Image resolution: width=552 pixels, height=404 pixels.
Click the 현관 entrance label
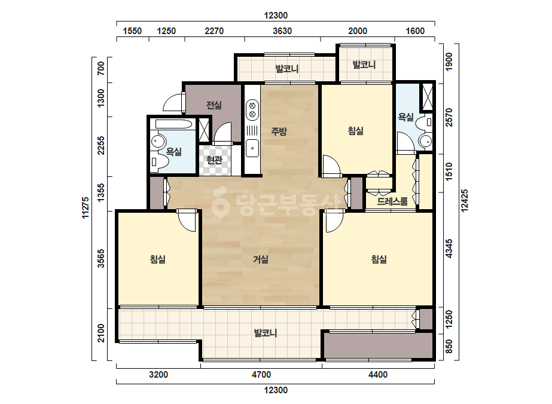click(x=214, y=160)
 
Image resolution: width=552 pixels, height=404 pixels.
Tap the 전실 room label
click(x=214, y=105)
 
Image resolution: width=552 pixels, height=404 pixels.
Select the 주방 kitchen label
click(x=279, y=131)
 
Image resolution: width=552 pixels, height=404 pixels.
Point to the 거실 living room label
click(x=261, y=259)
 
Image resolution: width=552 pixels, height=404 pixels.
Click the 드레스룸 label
click(x=392, y=201)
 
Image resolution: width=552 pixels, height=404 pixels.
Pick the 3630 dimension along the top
click(x=282, y=31)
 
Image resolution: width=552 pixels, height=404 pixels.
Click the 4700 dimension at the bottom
click(x=261, y=375)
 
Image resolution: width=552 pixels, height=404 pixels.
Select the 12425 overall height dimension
click(x=465, y=201)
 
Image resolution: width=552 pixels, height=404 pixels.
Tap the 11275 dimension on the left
click(x=86, y=207)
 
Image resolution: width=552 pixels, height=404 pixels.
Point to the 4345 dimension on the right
click(x=449, y=249)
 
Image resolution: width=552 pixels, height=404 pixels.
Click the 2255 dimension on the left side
click(x=101, y=145)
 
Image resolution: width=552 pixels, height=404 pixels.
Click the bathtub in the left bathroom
click(x=173, y=124)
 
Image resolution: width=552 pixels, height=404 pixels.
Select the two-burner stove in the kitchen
click(x=252, y=109)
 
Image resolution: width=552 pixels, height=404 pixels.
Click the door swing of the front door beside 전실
click(x=172, y=103)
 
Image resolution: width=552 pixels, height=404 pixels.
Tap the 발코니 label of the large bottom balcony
click(x=266, y=333)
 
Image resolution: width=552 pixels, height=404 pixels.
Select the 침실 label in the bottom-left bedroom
click(x=158, y=259)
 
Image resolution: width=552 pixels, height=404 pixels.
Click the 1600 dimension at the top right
click(x=415, y=31)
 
